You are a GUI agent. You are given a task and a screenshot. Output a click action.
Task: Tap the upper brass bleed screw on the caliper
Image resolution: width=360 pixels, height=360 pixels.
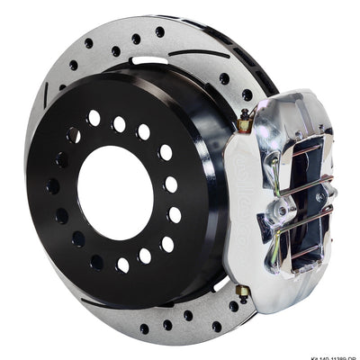(x=244, y=114)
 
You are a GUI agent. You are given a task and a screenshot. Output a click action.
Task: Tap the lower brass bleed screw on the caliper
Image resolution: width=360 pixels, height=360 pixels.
(x=241, y=290)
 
